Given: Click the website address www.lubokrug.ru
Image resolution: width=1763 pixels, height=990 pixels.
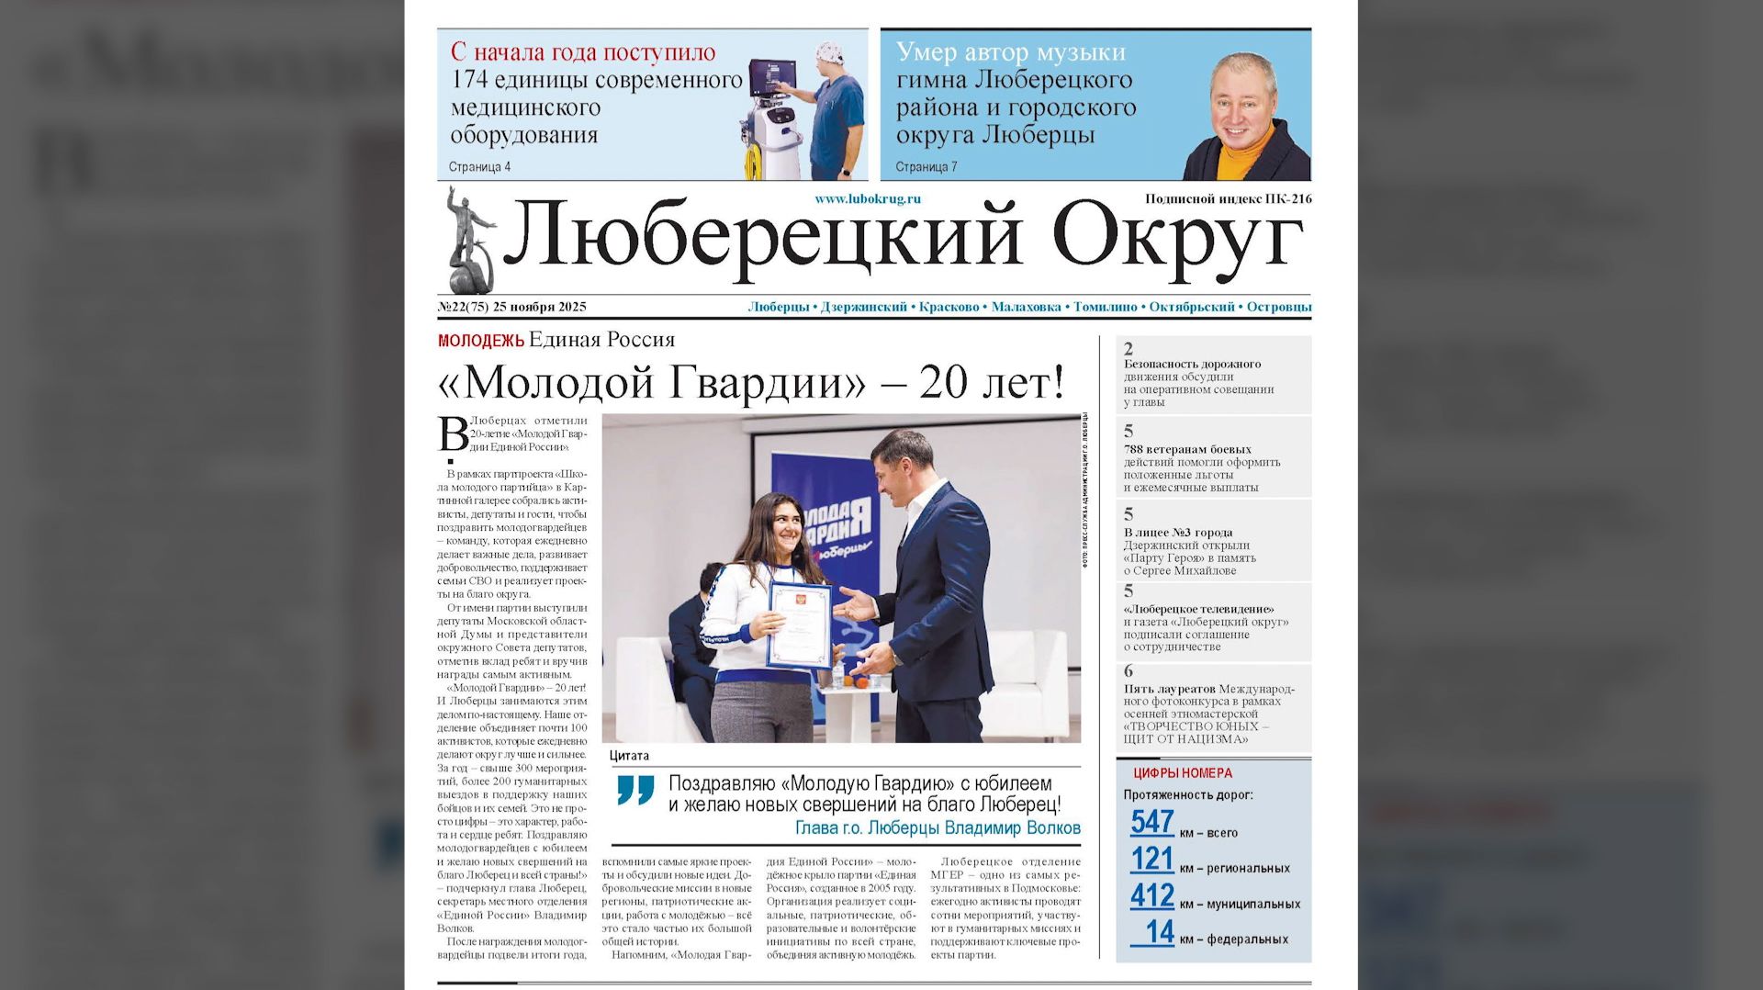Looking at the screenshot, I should (x=867, y=198).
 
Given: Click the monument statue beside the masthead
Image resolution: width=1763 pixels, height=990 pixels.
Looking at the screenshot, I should (x=468, y=241).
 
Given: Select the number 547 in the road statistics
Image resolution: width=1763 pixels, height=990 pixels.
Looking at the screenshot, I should (x=1152, y=822).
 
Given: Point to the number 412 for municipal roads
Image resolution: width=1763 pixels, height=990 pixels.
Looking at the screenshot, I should (x=1152, y=895).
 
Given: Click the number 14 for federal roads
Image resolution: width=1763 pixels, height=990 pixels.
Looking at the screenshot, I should (x=1160, y=932).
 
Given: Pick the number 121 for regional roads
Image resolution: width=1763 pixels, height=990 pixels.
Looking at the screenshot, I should (x=1152, y=859).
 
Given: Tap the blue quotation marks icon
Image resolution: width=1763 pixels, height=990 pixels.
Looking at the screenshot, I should (x=635, y=789).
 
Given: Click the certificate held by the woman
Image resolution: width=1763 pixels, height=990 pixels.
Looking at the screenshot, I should (x=799, y=624).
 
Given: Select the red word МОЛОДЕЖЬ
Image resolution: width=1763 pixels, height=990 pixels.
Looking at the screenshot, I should (x=480, y=341).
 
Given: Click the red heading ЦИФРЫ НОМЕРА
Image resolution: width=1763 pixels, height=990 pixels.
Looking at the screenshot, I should (x=1183, y=773).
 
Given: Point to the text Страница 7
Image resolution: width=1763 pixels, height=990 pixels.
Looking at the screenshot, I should (x=926, y=167).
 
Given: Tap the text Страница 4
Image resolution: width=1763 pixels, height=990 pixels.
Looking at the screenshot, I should (x=479, y=167).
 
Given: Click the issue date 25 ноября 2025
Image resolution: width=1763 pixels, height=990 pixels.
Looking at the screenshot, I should (x=539, y=307).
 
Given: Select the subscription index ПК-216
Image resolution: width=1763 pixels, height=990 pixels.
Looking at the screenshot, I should (x=1288, y=198).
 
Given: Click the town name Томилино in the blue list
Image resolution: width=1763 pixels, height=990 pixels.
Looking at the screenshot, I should (x=1105, y=307).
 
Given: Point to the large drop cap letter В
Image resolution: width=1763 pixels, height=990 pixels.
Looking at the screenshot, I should (x=453, y=433).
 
